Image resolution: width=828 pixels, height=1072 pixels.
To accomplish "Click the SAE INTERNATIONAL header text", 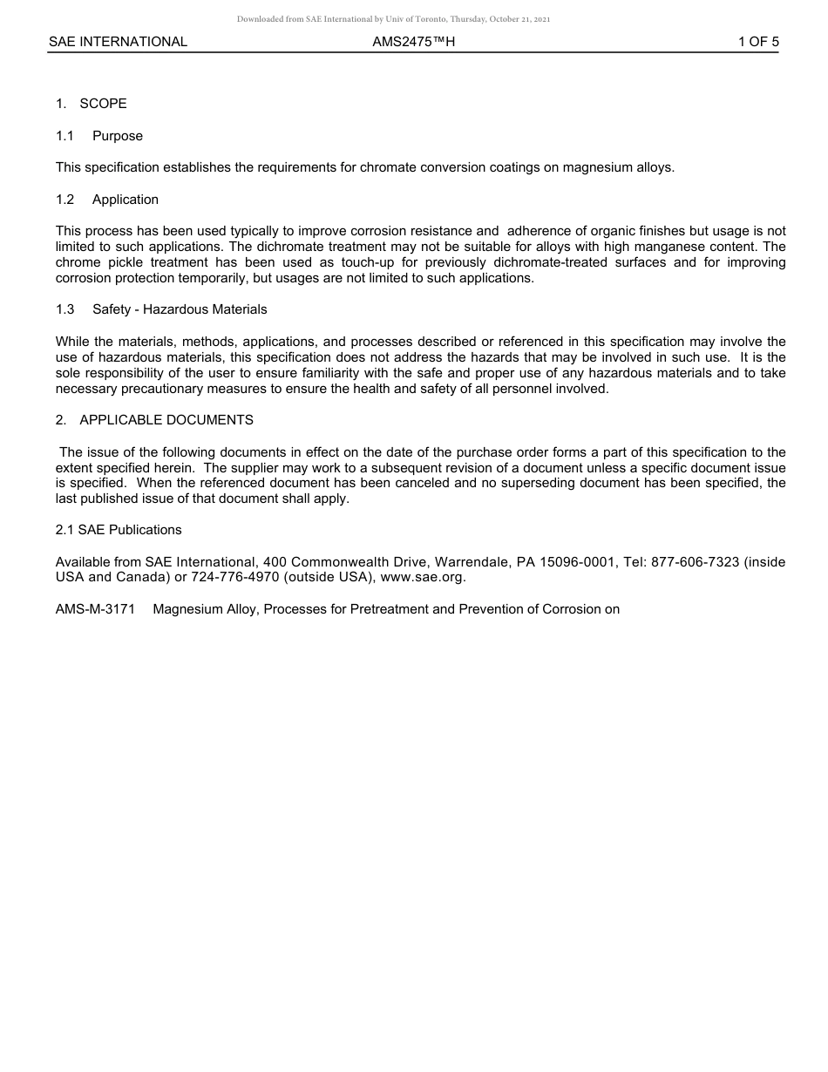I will click(118, 42).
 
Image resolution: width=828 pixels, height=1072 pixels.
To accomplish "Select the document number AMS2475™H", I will click(413, 42).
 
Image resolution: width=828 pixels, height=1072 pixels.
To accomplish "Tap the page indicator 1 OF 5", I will click(758, 42).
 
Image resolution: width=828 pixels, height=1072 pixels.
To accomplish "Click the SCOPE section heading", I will click(103, 104).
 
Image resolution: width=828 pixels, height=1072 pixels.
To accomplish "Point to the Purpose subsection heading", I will click(118, 136).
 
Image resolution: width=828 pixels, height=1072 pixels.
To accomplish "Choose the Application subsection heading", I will click(126, 200).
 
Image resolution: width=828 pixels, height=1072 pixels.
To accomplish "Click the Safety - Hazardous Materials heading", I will click(180, 309).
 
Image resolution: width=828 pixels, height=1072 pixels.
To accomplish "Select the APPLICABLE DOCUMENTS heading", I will click(166, 420).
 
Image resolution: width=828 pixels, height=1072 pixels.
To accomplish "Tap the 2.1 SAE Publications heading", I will click(119, 530).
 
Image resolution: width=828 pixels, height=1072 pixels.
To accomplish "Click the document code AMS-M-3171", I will click(95, 609).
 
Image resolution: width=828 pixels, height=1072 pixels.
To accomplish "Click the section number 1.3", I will click(65, 309).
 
